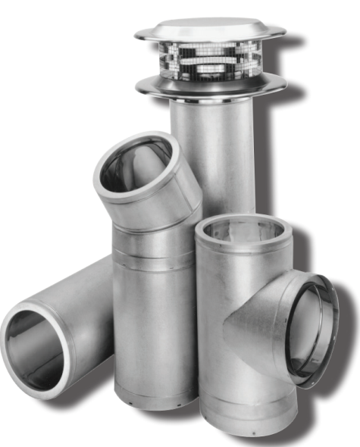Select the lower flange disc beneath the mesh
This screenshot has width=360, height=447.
coord(210,85)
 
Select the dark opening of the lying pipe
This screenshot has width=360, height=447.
coord(34,349)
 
